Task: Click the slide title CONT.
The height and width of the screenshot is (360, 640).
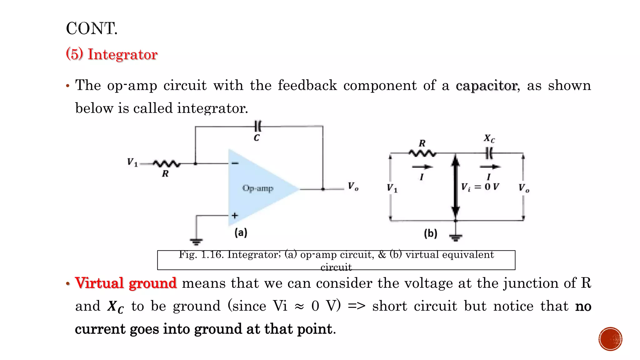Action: pyautogui.click(x=92, y=28)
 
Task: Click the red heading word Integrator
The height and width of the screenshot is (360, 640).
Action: pyautogui.click(x=122, y=54)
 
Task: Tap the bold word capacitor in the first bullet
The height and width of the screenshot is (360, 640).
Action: pyautogui.click(x=486, y=86)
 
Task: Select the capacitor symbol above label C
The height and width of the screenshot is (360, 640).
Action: pyautogui.click(x=257, y=127)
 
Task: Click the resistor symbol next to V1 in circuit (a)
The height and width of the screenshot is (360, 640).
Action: pyautogui.click(x=167, y=163)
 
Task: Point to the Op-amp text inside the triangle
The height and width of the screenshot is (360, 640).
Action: pyautogui.click(x=258, y=188)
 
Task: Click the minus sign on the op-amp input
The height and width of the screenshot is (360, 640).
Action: pyautogui.click(x=235, y=163)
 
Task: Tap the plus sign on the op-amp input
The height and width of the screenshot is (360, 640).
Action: pyautogui.click(x=235, y=216)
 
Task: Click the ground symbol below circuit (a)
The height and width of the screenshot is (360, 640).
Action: pyautogui.click(x=196, y=241)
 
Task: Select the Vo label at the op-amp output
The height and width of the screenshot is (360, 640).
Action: pyautogui.click(x=353, y=187)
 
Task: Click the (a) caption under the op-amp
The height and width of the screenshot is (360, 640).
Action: pyautogui.click(x=241, y=232)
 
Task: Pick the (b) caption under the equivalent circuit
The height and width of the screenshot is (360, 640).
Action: pyautogui.click(x=430, y=233)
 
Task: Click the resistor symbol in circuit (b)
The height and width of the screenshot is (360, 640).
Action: pyautogui.click(x=422, y=153)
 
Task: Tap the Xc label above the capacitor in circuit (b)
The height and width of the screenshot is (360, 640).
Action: pyautogui.click(x=489, y=138)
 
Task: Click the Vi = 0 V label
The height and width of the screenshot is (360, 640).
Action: pyautogui.click(x=480, y=187)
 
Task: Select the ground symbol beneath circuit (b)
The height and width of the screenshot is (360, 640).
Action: pyautogui.click(x=456, y=238)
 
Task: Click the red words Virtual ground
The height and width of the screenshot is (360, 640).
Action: pyautogui.click(x=126, y=283)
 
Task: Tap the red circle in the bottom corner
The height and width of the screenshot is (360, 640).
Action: pyautogui.click(x=610, y=339)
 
